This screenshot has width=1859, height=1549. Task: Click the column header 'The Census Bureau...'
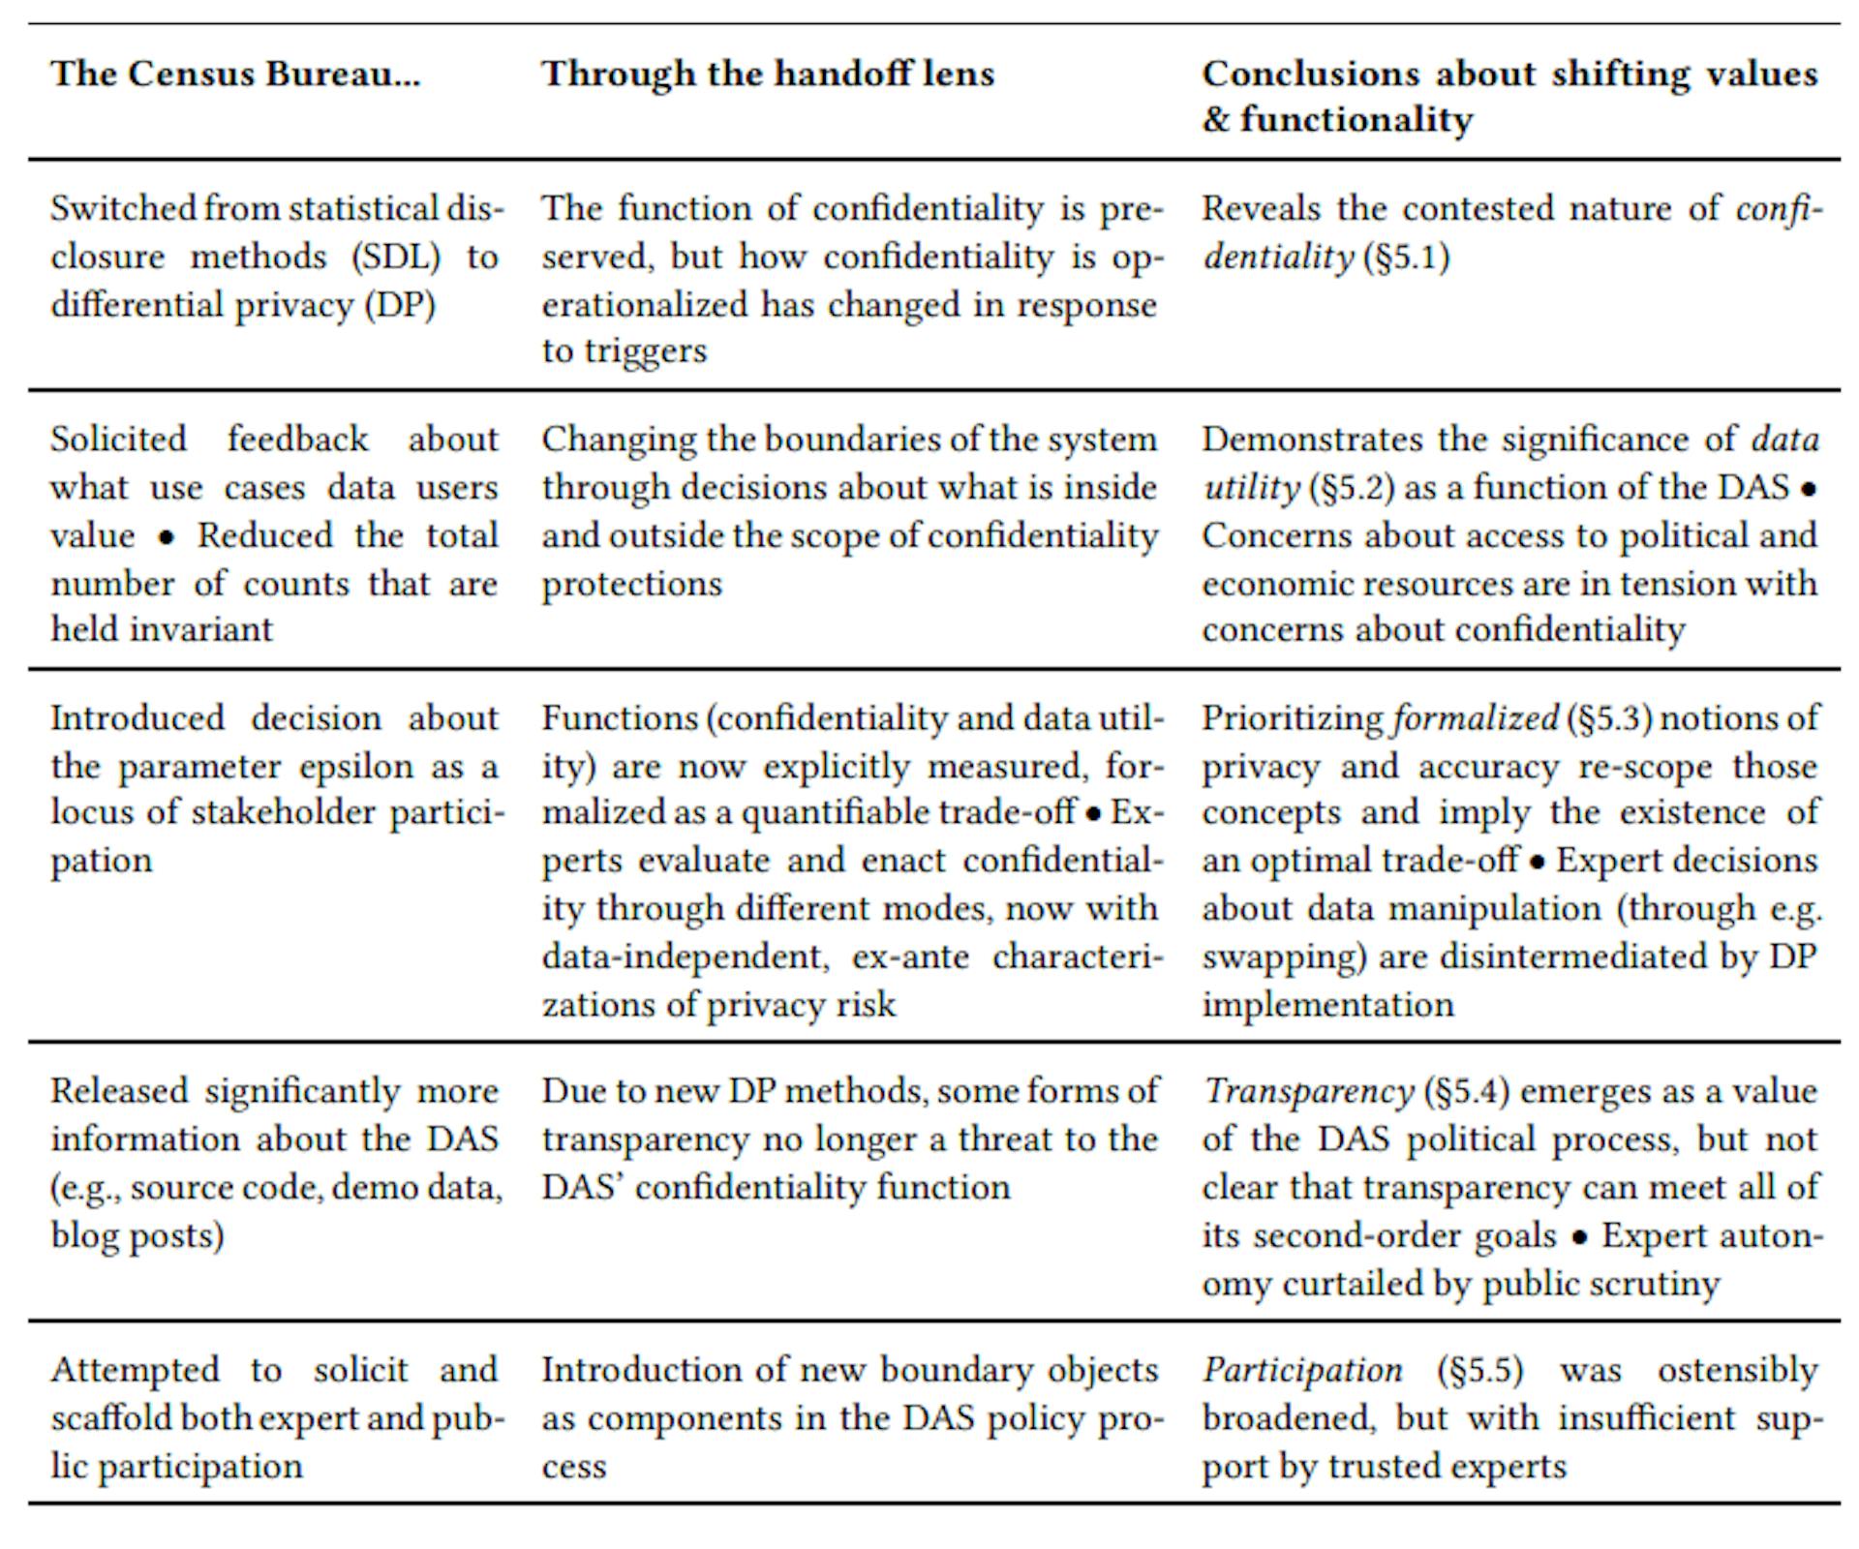[235, 74]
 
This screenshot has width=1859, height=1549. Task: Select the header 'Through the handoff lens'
[768, 74]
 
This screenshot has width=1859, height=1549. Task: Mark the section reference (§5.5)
[1480, 1370]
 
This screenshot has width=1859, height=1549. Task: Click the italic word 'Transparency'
[1308, 1091]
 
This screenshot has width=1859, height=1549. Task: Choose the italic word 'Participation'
[1302, 1370]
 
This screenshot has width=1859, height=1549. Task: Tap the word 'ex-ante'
[910, 957]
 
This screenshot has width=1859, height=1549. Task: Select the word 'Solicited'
[118, 440]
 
